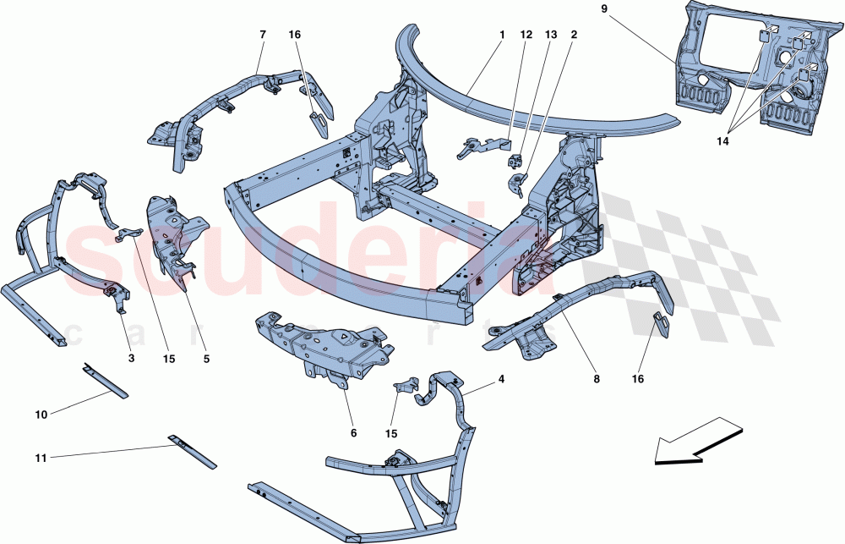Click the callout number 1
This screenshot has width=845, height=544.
click(501, 35)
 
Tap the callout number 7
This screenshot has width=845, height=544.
click(262, 35)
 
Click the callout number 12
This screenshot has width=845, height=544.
click(526, 35)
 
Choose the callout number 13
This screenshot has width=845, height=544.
click(551, 35)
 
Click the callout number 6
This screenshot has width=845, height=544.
click(353, 433)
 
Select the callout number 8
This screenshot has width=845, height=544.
click(596, 380)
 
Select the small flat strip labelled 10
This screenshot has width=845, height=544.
click(106, 382)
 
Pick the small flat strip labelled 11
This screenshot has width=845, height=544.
click(194, 453)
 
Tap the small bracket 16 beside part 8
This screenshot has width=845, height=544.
click(662, 325)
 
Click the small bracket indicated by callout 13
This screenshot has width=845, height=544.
click(513, 162)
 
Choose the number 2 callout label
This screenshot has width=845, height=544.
click(574, 35)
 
